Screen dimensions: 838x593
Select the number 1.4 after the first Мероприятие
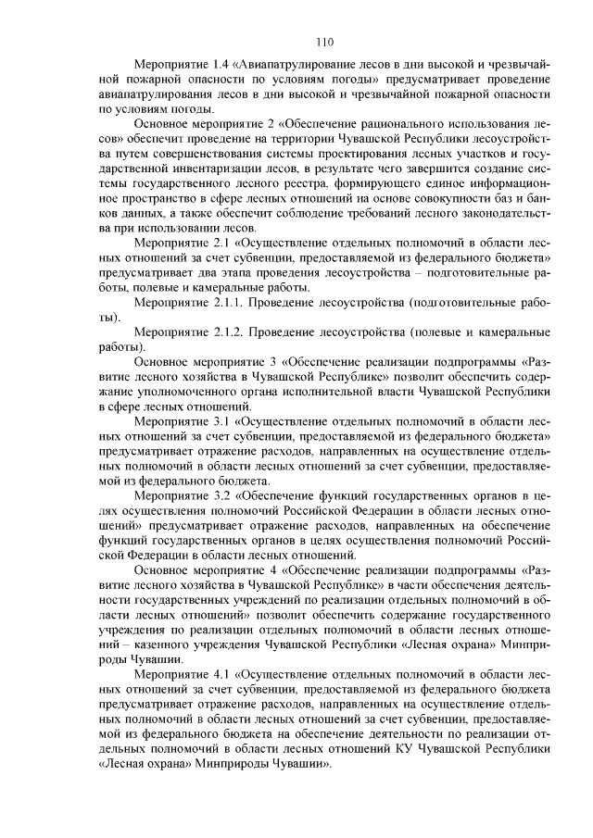tap(215, 67)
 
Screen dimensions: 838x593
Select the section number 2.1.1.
tap(226, 303)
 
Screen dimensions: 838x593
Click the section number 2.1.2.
tap(226, 330)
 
